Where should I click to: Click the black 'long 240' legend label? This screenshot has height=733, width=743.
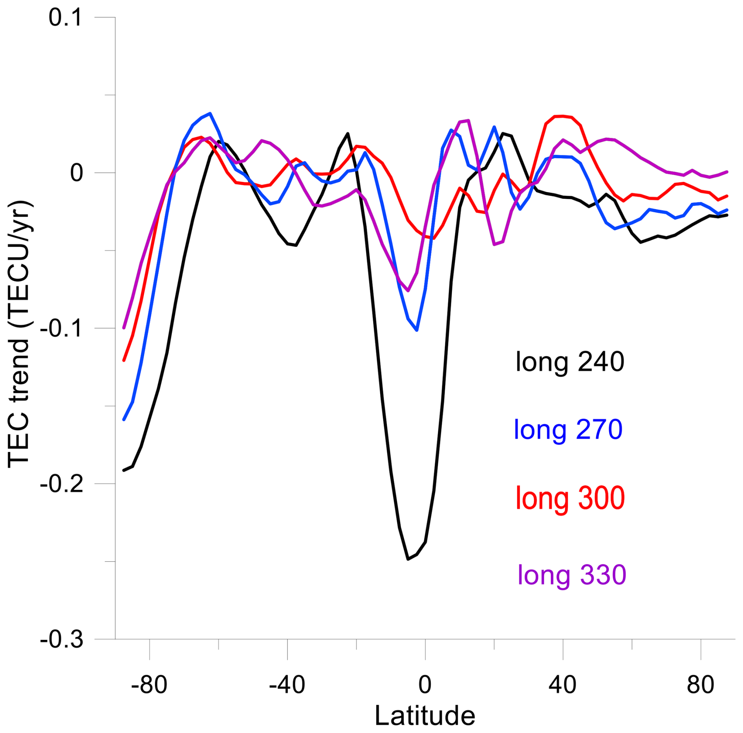(569, 362)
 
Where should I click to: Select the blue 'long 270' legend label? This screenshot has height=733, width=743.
(568, 430)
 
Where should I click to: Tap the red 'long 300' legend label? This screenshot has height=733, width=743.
(570, 498)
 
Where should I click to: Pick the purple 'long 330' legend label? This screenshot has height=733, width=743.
(572, 575)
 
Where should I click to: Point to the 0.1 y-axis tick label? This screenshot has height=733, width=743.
(66, 18)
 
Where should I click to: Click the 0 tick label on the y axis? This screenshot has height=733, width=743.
(77, 173)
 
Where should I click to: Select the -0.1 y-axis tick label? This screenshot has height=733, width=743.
(62, 328)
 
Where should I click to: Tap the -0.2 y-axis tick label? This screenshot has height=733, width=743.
(62, 484)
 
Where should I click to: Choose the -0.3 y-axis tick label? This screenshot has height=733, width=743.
(62, 639)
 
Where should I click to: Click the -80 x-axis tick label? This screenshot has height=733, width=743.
(149, 684)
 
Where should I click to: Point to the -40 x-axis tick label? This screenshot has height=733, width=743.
(287, 684)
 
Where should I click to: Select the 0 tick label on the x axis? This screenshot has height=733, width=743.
(425, 684)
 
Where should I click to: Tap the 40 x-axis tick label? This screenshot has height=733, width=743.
(562, 684)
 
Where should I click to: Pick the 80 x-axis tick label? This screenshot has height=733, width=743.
(701, 684)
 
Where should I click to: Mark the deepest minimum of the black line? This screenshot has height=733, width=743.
(408, 558)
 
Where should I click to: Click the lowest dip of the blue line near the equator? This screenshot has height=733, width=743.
(417, 330)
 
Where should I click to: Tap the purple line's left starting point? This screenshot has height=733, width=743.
(124, 327)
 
